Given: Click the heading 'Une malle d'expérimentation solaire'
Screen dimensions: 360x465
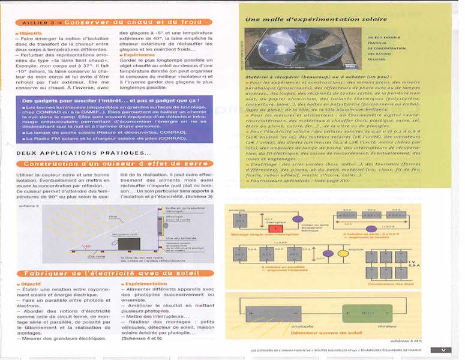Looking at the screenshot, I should point(300,20).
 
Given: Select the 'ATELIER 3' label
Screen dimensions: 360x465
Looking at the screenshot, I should point(37,22).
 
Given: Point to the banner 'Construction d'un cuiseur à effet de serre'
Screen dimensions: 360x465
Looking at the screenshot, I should point(115,164).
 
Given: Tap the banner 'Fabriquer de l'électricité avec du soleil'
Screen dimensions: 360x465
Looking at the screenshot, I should point(115,273).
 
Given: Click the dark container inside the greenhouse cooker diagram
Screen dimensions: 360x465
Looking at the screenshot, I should point(128,243).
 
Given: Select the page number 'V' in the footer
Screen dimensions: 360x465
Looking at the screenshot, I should point(443,350).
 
